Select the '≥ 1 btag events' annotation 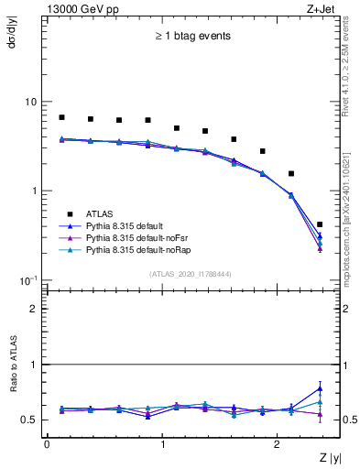point(192,37)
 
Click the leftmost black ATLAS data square point(61,117)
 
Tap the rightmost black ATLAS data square point(320,224)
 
